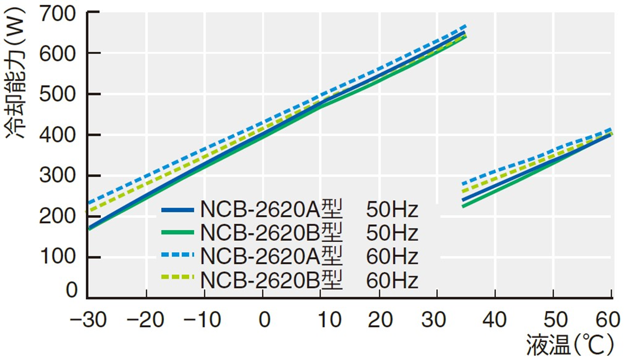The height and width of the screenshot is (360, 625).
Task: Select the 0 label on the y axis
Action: click(x=72, y=290)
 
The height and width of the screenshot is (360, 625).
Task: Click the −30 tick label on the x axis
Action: click(x=88, y=320)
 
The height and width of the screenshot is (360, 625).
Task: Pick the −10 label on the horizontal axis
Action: click(x=202, y=320)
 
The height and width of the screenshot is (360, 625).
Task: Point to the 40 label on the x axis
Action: click(x=494, y=320)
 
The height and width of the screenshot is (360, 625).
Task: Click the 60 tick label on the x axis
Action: click(x=608, y=320)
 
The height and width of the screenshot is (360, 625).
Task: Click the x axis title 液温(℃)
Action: click(x=570, y=345)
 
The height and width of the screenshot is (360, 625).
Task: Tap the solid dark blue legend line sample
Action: click(x=178, y=210)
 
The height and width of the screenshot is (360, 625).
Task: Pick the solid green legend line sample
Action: click(x=178, y=233)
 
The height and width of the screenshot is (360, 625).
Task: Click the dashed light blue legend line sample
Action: click(x=178, y=255)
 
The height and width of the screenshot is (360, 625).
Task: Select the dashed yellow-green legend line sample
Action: click(x=178, y=278)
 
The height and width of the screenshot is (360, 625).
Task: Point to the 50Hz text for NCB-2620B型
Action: click(x=392, y=233)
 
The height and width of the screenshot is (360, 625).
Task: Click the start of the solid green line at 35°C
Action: click(x=464, y=206)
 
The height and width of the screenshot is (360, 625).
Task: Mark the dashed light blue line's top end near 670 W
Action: click(x=466, y=27)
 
